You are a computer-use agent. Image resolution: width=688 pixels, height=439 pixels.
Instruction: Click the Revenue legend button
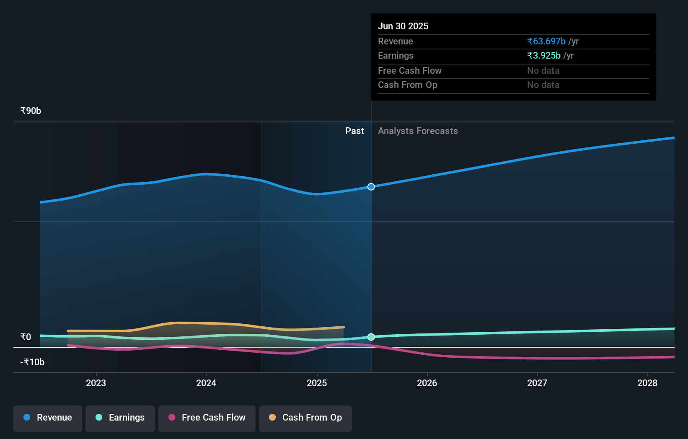[48, 418]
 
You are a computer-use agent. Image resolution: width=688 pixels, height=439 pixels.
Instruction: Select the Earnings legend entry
[120, 418]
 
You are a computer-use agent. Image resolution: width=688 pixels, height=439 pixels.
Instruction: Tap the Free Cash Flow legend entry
[207, 418]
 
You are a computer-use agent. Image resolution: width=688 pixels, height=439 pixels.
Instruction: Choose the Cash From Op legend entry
[305, 418]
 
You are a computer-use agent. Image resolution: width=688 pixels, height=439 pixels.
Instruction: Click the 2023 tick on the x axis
[96, 383]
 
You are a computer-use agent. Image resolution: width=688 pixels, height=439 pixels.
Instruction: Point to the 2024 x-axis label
[206, 383]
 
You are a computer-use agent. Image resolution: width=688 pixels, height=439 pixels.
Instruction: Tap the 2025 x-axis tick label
[317, 383]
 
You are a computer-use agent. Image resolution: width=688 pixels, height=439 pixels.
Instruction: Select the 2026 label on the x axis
[427, 383]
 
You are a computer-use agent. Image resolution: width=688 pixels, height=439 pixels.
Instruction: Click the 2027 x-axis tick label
[537, 383]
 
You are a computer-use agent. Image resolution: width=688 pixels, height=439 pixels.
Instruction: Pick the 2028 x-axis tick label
[647, 383]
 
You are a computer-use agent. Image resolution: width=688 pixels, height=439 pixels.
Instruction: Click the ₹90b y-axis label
[31, 111]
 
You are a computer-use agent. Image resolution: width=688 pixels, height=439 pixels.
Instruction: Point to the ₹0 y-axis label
[26, 337]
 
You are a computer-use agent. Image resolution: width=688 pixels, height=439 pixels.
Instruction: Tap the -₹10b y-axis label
[32, 362]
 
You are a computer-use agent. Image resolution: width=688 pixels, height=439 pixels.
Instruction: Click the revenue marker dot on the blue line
[371, 187]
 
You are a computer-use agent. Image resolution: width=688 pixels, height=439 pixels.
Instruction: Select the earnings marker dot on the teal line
[371, 337]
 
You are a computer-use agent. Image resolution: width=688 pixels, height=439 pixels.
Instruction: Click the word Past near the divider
[354, 131]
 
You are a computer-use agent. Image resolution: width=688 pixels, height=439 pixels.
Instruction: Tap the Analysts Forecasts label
[418, 131]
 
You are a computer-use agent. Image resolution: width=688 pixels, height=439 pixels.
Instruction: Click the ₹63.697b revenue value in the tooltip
[546, 41]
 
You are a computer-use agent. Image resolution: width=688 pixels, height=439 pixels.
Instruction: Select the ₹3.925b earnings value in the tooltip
[544, 56]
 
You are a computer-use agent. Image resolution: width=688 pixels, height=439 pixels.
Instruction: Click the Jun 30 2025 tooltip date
[403, 26]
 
